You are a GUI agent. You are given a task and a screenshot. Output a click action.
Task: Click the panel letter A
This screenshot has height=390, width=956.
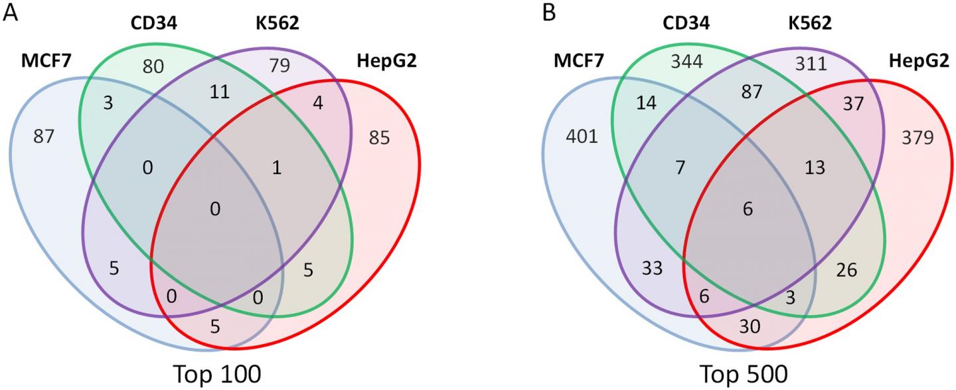tap(11, 13)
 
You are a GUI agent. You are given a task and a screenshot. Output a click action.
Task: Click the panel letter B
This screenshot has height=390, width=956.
tap(550, 13)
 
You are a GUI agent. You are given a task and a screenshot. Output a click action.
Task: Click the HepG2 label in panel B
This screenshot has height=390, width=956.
tap(916, 62)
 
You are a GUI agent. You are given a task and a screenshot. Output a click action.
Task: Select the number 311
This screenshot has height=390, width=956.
tap(811, 64)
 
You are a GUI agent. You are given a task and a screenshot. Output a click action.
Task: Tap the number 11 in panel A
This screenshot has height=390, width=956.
tap(219, 92)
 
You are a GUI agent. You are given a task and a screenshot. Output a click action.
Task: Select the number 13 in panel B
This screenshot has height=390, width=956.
tap(815, 168)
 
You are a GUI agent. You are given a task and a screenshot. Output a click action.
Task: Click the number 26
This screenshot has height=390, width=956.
tap(847, 270)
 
